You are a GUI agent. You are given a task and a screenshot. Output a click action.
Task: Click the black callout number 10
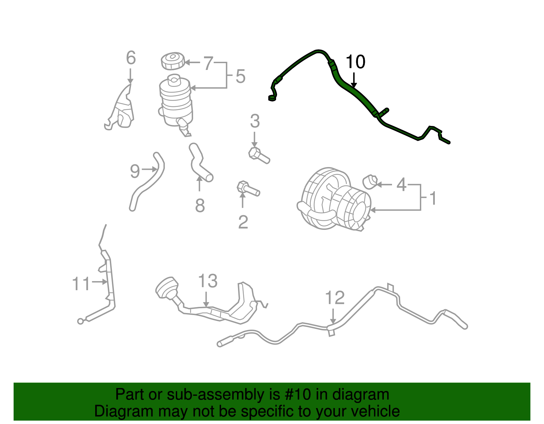coord(355,62)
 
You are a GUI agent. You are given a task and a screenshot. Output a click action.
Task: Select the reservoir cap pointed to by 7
coord(173,61)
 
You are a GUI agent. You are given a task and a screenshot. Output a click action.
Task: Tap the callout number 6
coord(131,58)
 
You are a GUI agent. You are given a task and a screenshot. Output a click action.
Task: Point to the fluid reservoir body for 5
coord(175,100)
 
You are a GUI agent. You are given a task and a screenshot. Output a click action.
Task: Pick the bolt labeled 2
coord(248,189)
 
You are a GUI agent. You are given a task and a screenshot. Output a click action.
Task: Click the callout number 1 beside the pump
coord(433,199)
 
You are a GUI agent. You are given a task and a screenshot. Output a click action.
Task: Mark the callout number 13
coord(208,281)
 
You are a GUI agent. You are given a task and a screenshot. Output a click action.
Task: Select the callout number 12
coord(335,298)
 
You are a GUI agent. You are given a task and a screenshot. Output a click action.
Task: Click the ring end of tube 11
coord(80,321)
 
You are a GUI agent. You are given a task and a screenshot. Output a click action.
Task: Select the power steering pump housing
coord(335,200)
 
